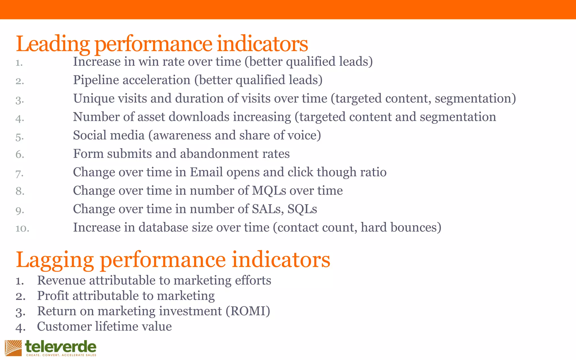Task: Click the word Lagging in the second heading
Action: [55, 260]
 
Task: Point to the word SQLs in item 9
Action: [302, 209]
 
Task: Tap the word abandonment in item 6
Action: [219, 154]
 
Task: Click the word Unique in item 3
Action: [94, 98]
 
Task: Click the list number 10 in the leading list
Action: [22, 228]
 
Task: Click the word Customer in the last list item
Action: [64, 327]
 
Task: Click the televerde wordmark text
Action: [61, 346]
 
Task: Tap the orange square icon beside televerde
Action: [13, 348]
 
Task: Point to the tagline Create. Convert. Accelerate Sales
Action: [61, 355]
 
